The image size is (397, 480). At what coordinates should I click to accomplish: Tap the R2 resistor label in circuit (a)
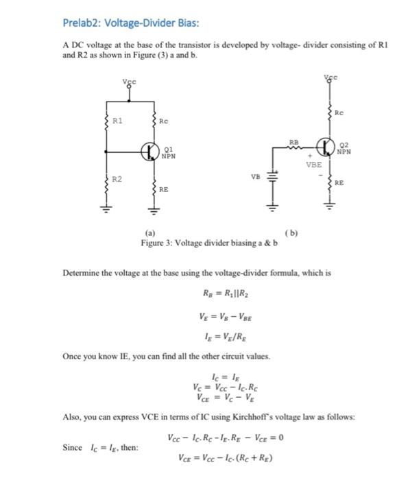[119, 179]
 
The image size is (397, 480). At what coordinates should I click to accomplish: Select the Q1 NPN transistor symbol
[149, 151]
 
